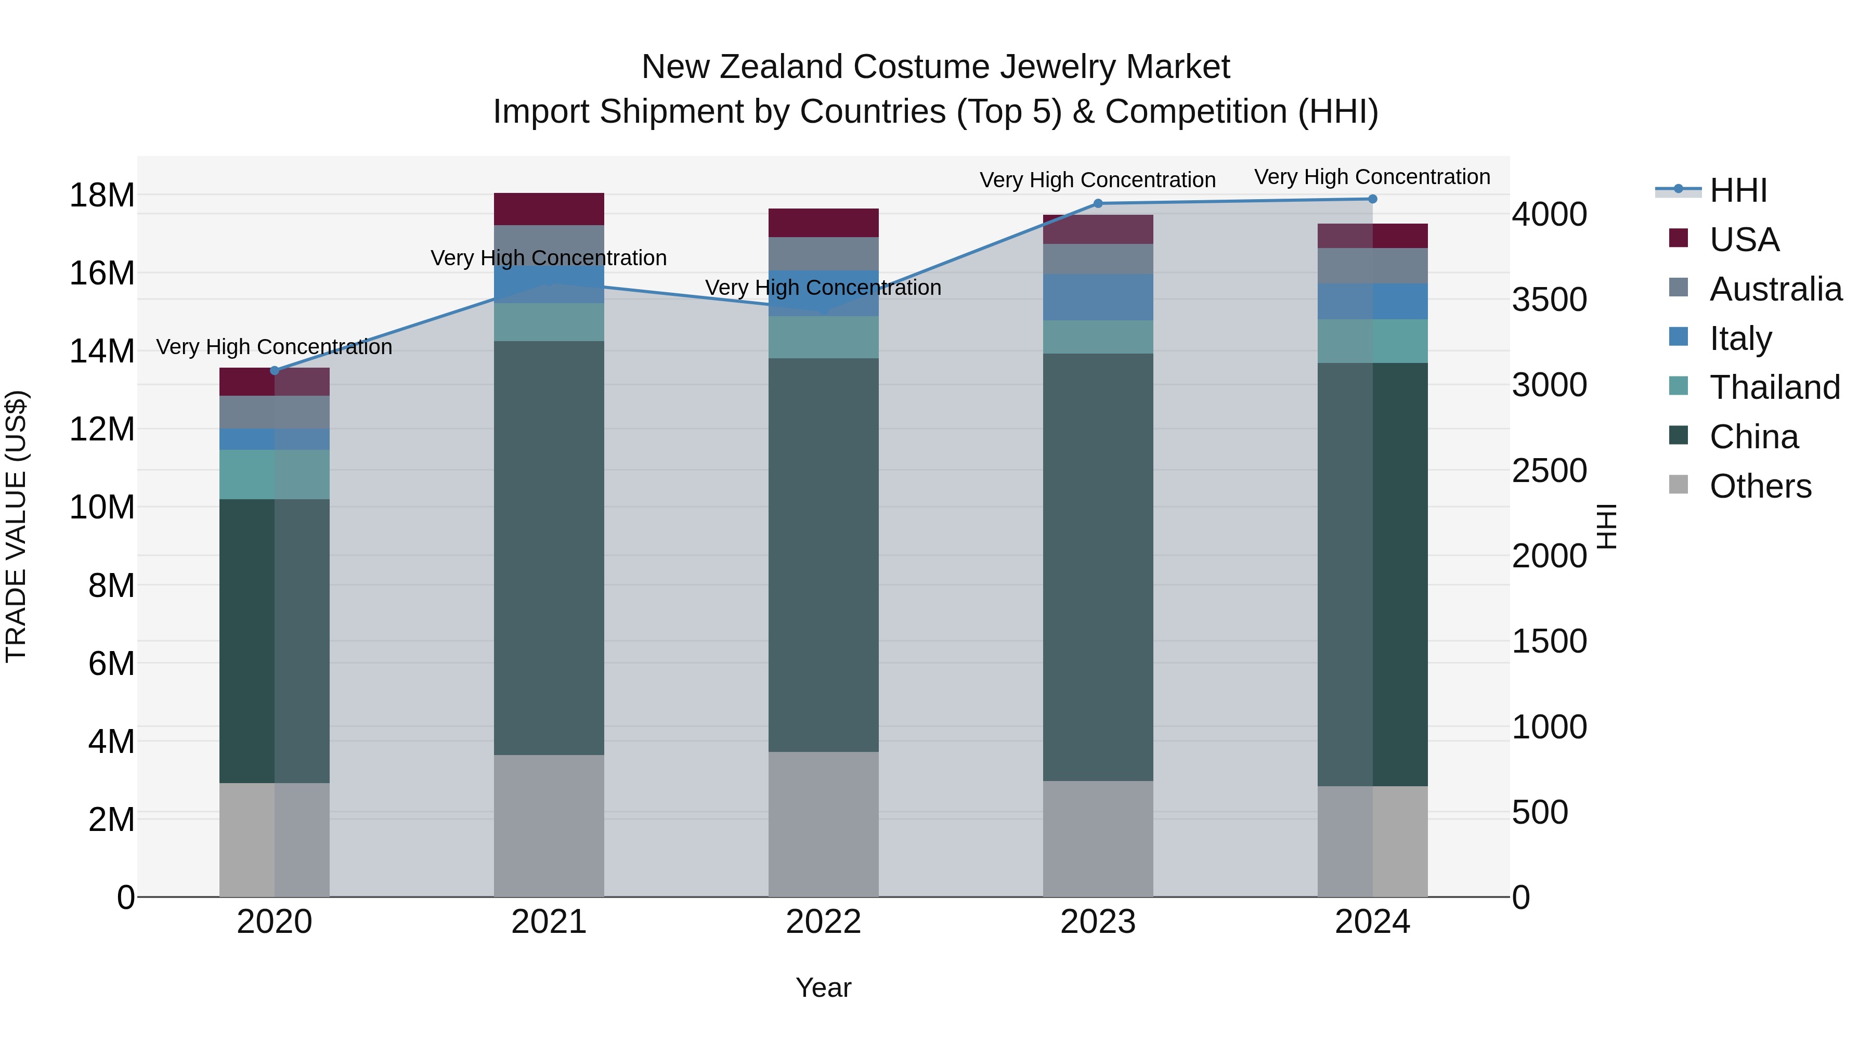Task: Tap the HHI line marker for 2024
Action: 1372,199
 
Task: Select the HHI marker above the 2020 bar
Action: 274,371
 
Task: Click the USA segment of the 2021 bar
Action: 549,209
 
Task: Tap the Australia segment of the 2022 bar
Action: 823,254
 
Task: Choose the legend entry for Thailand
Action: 1773,387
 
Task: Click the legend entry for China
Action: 1753,437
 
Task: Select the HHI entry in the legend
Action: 1737,190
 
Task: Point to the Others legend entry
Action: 1759,486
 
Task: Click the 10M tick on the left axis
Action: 102,507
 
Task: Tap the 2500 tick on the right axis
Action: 1550,471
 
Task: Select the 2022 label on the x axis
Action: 823,922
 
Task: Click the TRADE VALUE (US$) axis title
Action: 16,526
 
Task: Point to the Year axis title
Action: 823,987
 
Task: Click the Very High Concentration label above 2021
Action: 549,258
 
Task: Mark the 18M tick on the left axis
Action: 102,196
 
